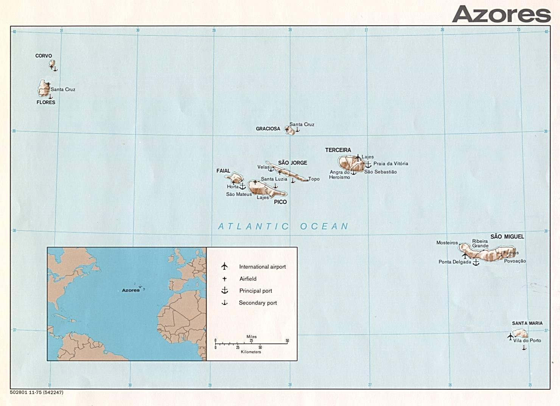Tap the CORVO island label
44,56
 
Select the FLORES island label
46,102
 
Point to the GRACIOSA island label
268,129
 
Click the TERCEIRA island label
338,150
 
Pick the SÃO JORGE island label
292,163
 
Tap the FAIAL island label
223,171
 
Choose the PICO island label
280,202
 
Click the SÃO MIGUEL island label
507,237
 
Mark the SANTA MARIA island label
527,323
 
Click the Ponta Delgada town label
455,262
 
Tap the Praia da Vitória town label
391,164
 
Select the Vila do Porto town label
527,340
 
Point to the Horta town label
233,187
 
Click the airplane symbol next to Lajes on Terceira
358,157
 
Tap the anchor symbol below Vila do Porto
524,347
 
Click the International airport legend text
262,267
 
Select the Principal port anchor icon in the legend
225,290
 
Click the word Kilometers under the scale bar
251,352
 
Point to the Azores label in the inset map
131,290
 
